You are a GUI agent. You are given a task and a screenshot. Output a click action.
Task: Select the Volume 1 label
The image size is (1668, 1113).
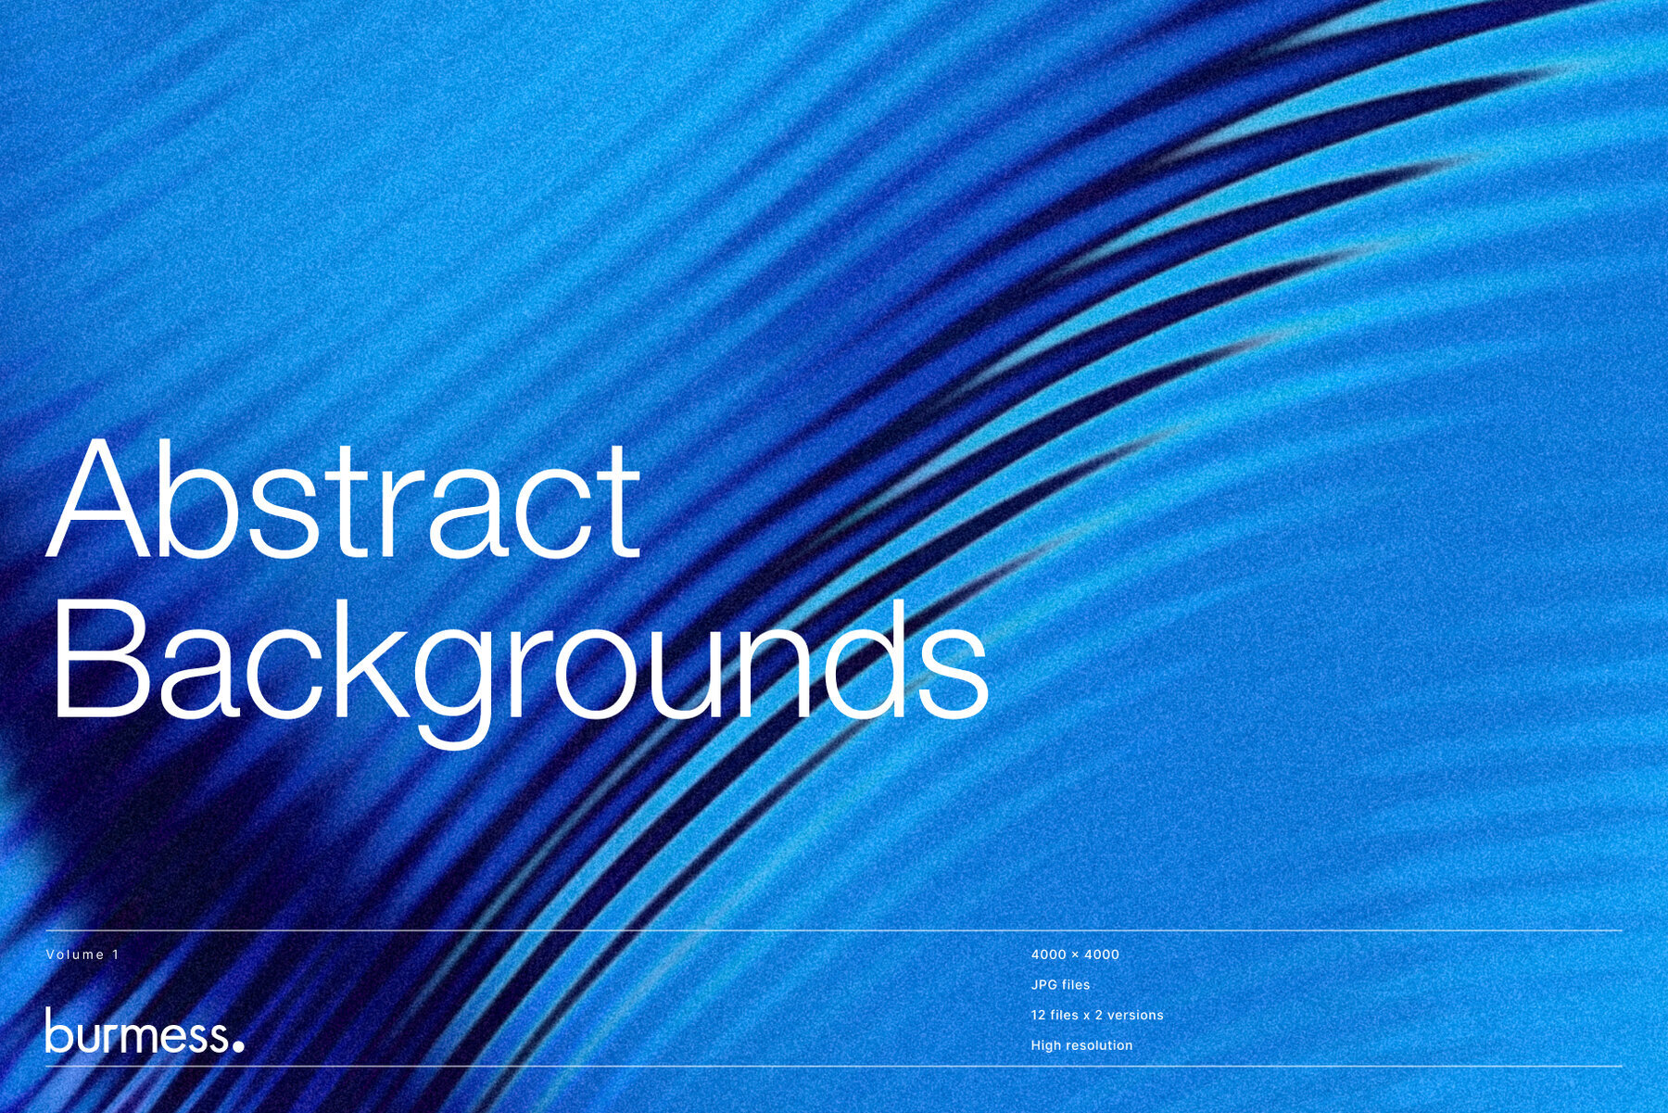pyautogui.click(x=82, y=955)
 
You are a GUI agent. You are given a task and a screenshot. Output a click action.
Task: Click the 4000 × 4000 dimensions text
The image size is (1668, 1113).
pyautogui.click(x=1075, y=955)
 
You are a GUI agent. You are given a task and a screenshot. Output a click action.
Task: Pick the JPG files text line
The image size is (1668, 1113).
pyautogui.click(x=1060, y=984)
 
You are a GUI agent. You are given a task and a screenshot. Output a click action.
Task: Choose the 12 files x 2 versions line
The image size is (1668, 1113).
pyautogui.click(x=1097, y=1015)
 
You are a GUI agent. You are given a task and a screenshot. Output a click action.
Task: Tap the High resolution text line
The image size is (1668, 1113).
pyautogui.click(x=1081, y=1045)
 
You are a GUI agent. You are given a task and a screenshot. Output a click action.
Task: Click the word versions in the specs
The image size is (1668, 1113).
pyautogui.click(x=1135, y=1015)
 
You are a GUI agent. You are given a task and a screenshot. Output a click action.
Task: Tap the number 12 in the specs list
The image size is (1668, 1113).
pyautogui.click(x=1038, y=1015)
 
